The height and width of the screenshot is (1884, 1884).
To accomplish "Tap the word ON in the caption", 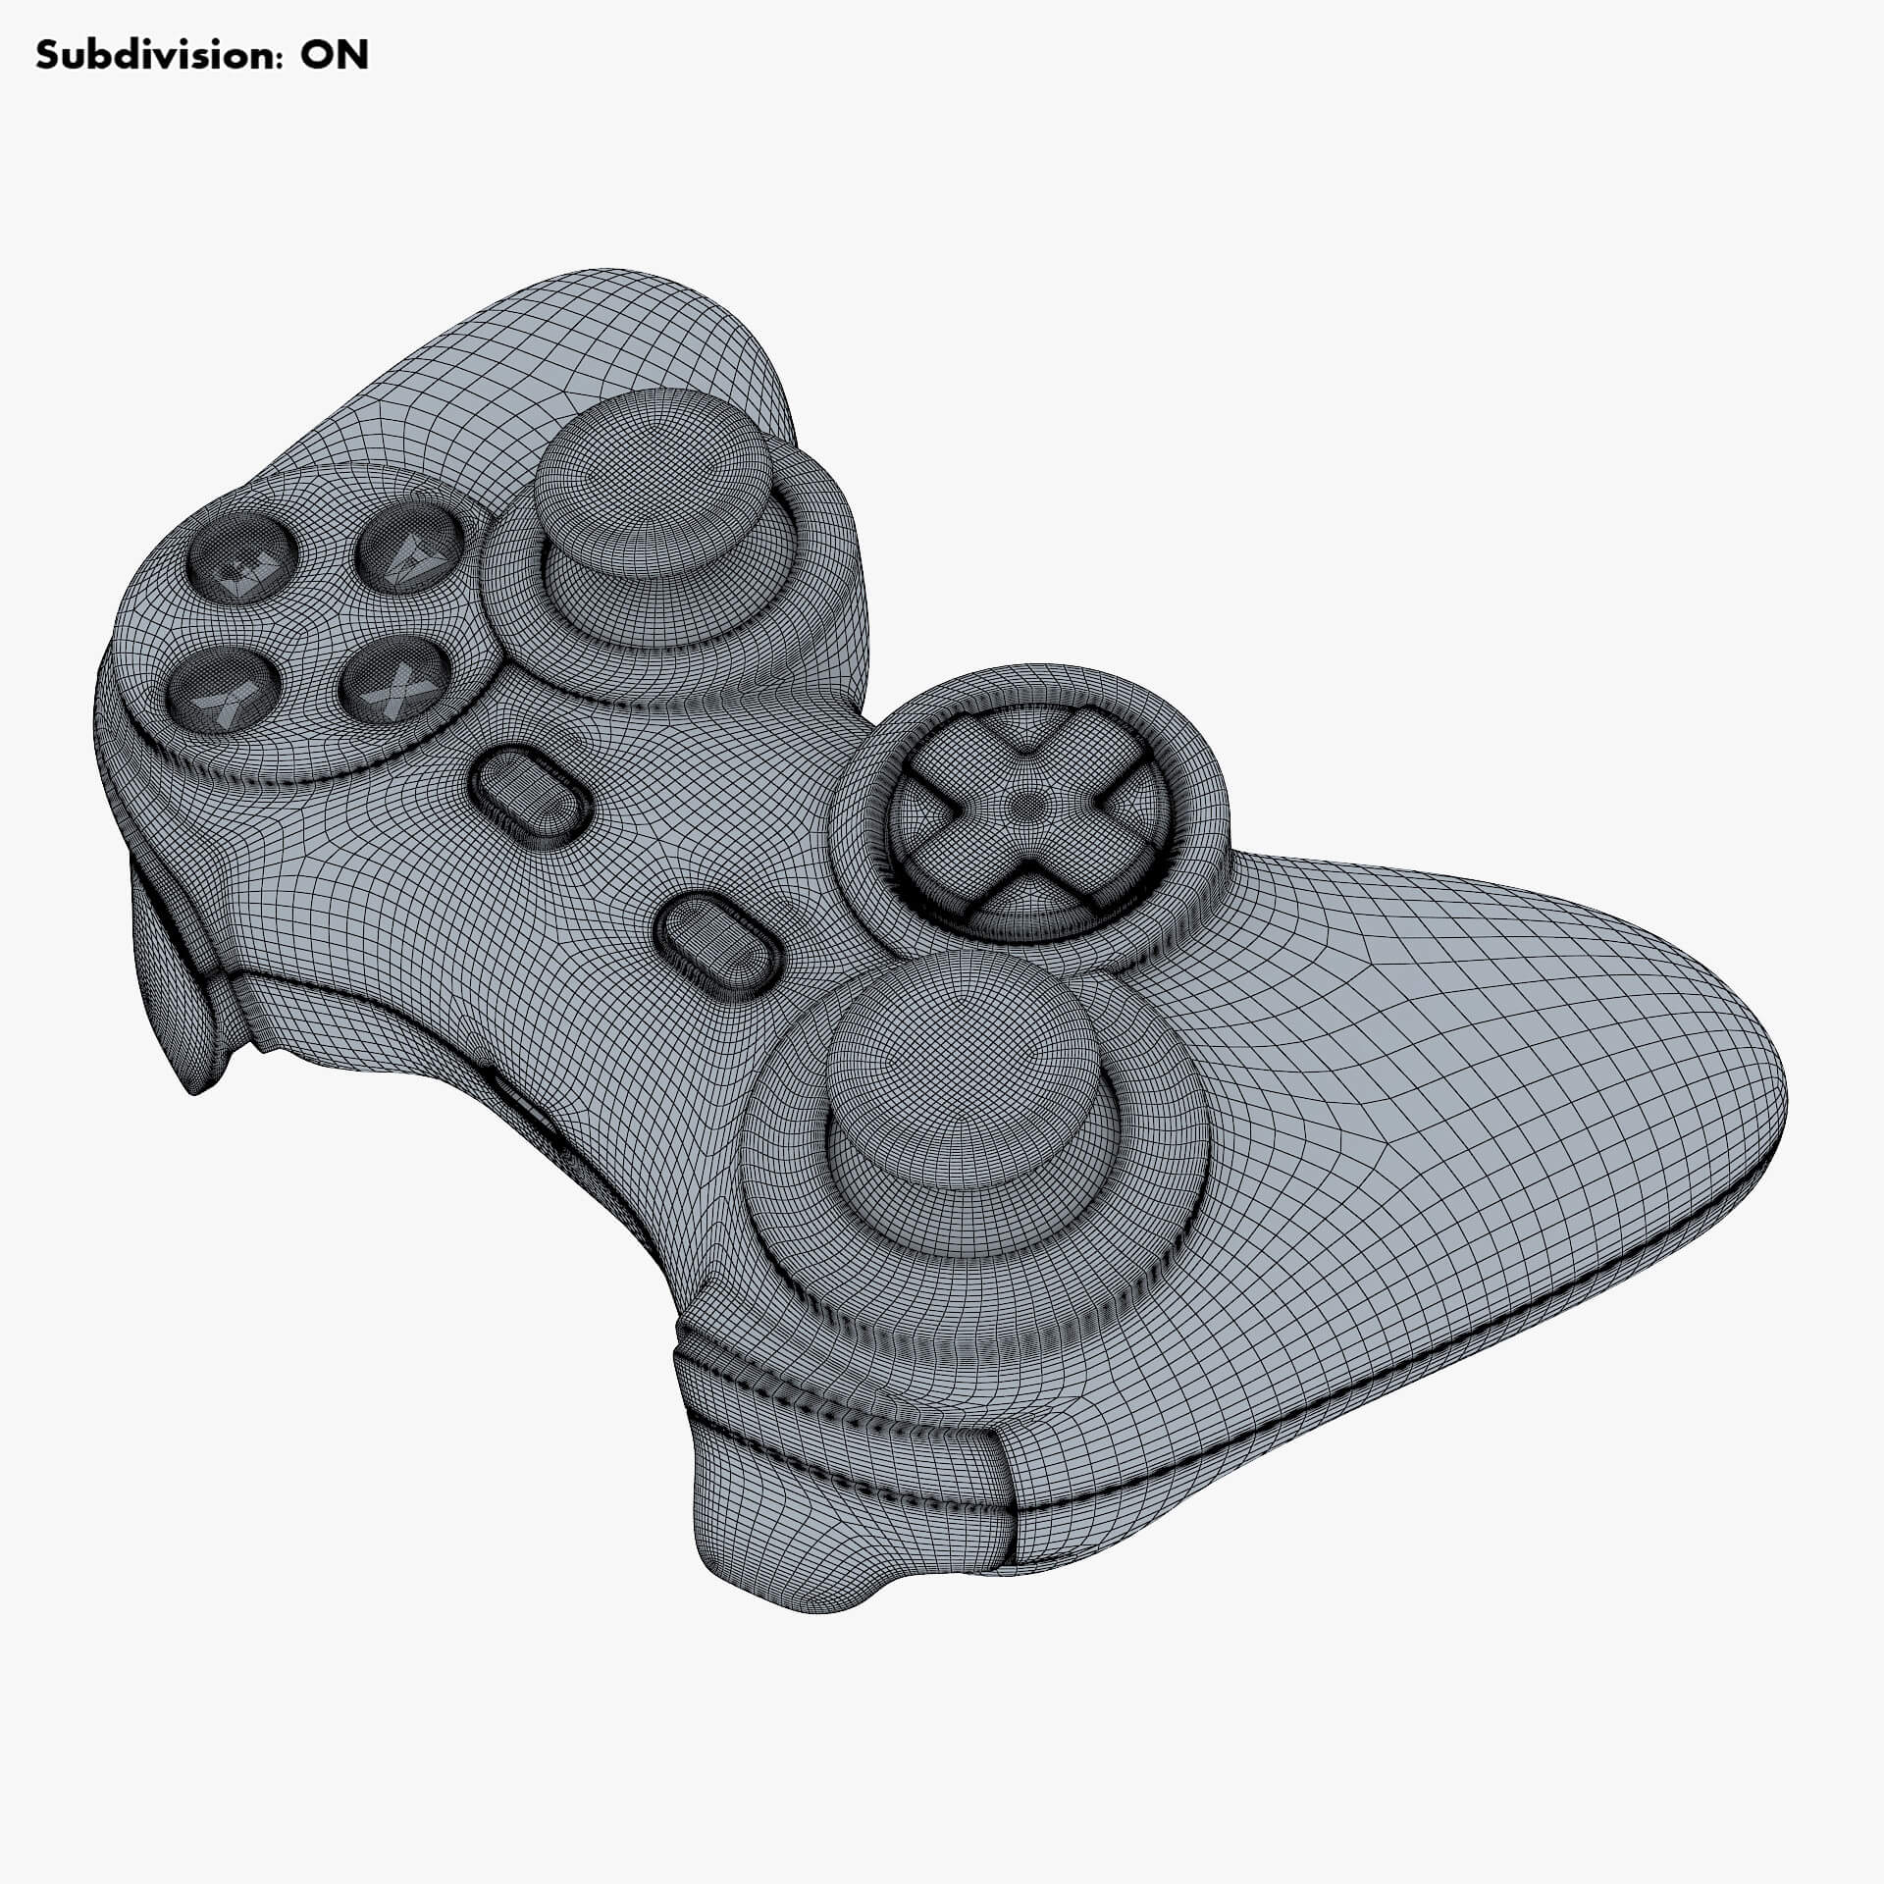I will click(x=334, y=55).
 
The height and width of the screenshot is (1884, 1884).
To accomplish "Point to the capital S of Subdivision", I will click(x=48, y=55).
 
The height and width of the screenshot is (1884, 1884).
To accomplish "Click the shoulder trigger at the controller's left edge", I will click(x=177, y=981).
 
